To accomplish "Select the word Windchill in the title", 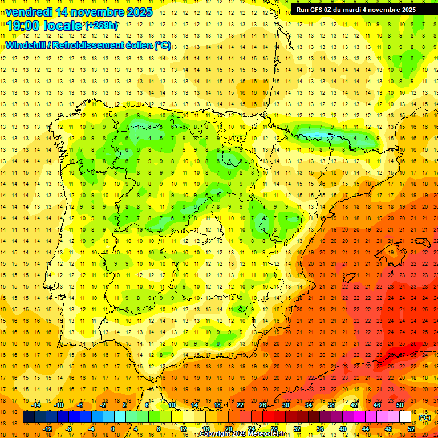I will click(25, 45).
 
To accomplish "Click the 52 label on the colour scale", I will click(411, 429).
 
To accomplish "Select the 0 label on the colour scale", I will click(113, 429).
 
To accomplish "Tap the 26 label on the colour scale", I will click(263, 405).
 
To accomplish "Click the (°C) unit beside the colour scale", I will click(424, 417).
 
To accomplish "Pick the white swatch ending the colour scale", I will click(405, 417).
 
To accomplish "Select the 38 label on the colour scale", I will click(331, 405).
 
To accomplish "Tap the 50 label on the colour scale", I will click(400, 405).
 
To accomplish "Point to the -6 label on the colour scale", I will click(80, 405).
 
